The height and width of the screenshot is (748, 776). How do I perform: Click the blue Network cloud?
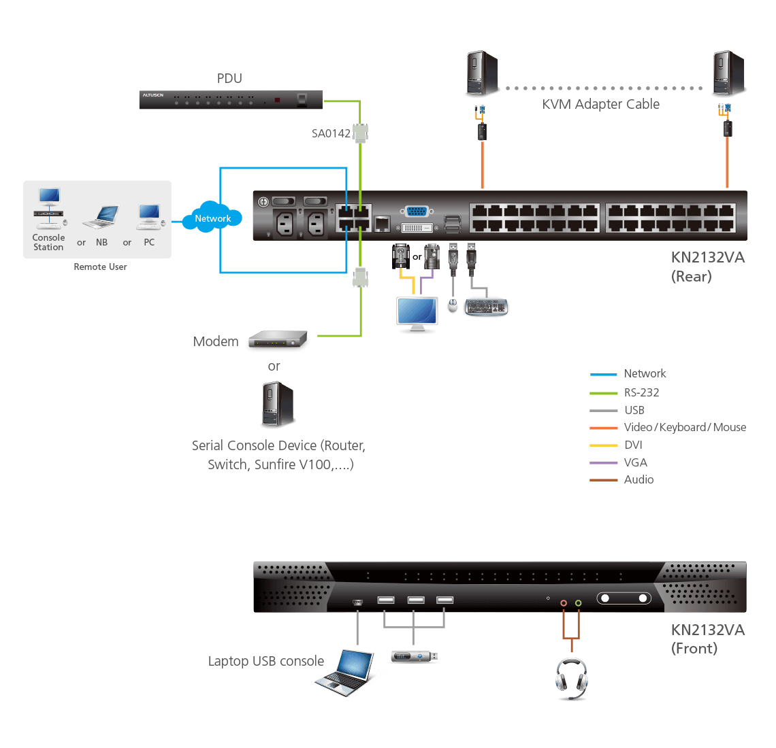pyautogui.click(x=212, y=218)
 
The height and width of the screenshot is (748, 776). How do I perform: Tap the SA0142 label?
pyautogui.click(x=331, y=133)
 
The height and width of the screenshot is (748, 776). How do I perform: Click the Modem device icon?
pyautogui.click(x=277, y=341)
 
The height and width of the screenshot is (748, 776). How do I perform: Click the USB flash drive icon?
pyautogui.click(x=414, y=657)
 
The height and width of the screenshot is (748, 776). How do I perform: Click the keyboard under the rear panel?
pyautogui.click(x=486, y=307)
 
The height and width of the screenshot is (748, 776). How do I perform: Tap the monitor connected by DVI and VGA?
pyautogui.click(x=417, y=314)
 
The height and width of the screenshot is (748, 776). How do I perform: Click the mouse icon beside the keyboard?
pyautogui.click(x=452, y=307)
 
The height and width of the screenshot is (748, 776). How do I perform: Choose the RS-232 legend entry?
pyautogui.click(x=641, y=392)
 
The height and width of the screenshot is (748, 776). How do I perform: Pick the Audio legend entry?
pyautogui.click(x=638, y=479)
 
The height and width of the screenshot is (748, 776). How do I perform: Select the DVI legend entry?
pyautogui.click(x=633, y=445)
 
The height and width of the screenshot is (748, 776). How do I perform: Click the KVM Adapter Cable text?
pyautogui.click(x=600, y=104)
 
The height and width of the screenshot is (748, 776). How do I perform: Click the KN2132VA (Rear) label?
pyautogui.click(x=698, y=267)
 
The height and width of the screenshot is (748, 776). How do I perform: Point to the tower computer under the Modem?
pyautogui.click(x=278, y=404)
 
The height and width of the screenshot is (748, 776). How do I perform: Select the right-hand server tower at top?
pyautogui.click(x=728, y=74)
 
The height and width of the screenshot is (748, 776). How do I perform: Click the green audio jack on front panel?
pyautogui.click(x=578, y=602)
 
